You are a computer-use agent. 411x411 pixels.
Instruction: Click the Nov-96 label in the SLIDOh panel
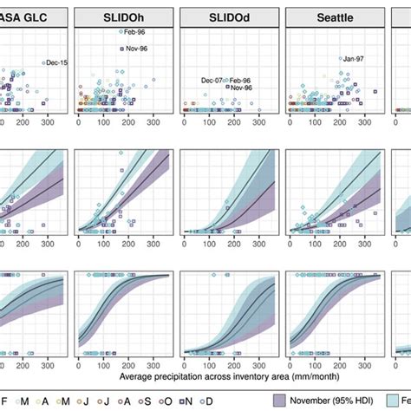136,49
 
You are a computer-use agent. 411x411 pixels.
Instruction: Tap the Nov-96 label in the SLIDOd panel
241,88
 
